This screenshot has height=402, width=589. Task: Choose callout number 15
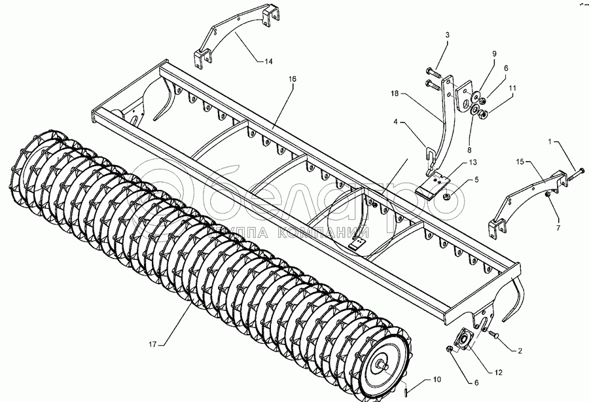(x=520, y=161)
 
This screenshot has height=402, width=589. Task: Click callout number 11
(x=512, y=87)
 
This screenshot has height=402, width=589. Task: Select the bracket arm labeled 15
(x=524, y=196)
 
